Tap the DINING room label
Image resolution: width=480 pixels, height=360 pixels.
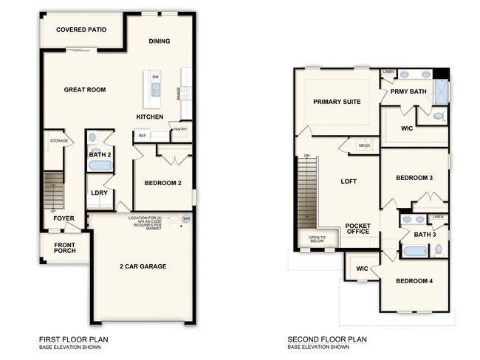(x=161, y=41)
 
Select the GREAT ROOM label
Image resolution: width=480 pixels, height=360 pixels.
(x=85, y=90)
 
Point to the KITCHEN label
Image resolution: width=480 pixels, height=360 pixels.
(x=150, y=117)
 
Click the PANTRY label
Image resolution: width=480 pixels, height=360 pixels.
(x=179, y=130)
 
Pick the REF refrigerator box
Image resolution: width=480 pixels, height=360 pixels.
(x=142, y=136)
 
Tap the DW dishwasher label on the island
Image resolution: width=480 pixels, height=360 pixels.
(x=156, y=77)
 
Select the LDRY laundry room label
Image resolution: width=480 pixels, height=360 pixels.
(x=99, y=193)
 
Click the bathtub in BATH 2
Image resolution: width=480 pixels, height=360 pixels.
(x=100, y=165)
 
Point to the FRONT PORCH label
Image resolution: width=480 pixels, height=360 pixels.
(x=64, y=247)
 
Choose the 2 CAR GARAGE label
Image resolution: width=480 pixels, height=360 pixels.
(x=143, y=266)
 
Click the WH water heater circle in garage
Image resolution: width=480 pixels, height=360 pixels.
(x=186, y=219)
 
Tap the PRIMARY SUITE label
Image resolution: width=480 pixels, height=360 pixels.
(x=337, y=102)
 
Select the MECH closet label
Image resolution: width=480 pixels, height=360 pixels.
(x=364, y=146)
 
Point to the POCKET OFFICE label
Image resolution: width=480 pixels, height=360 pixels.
(x=363, y=229)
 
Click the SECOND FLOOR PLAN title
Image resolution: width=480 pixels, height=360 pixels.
(x=327, y=340)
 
